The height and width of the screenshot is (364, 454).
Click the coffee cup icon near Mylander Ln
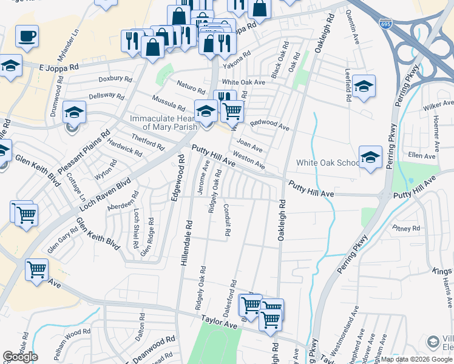[27, 36]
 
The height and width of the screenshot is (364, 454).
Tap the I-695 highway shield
[385, 25]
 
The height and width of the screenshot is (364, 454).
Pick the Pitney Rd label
[406, 229]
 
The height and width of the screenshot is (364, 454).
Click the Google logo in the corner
[20, 357]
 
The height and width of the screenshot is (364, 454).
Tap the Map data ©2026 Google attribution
[417, 359]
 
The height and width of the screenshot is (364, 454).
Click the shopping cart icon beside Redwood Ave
[232, 111]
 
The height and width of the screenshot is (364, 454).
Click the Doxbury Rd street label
[115, 79]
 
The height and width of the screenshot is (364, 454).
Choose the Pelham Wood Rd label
[70, 333]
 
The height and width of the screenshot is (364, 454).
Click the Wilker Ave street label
[439, 108]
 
